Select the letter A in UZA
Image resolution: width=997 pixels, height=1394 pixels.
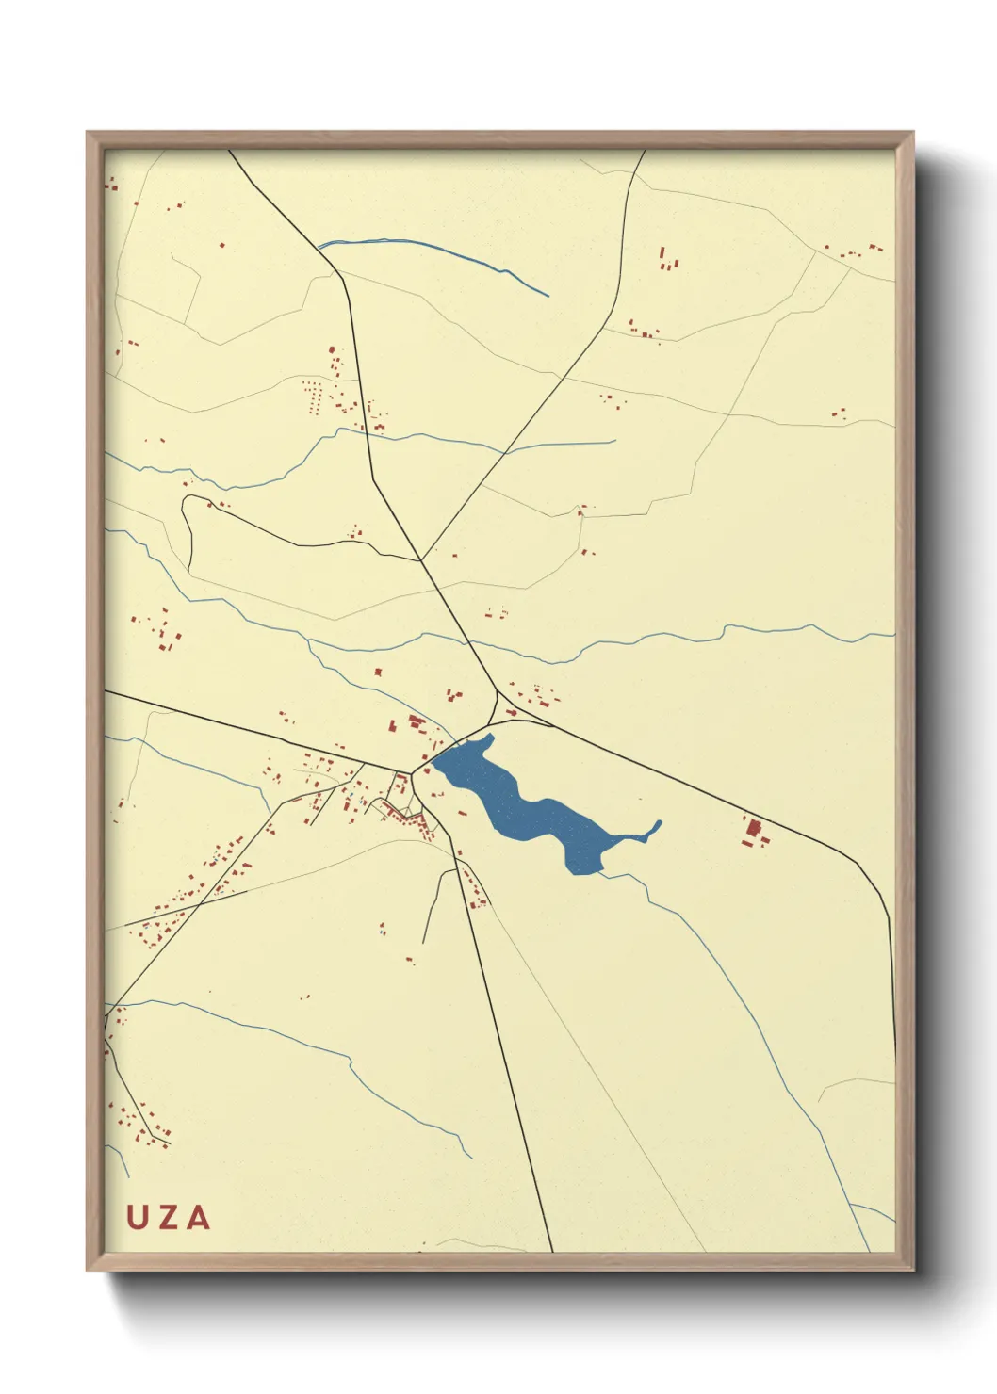tap(198, 1217)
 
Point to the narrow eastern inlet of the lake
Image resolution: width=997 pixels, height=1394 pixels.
tap(650, 830)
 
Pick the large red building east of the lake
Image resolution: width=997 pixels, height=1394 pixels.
tap(753, 831)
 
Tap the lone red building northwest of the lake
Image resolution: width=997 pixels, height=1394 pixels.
tap(378, 673)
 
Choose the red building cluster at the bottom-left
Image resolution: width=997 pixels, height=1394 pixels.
tap(141, 1121)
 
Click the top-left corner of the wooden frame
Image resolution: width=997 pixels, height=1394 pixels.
tap(88, 133)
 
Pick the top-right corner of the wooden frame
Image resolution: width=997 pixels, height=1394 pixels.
tap(912, 133)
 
